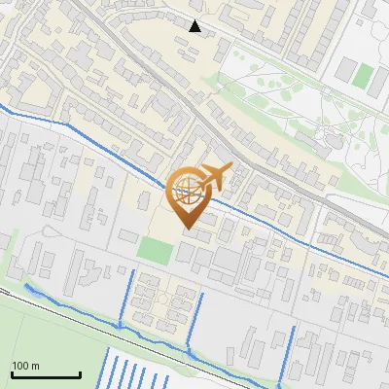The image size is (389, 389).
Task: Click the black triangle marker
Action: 195,26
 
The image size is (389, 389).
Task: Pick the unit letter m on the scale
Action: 35,366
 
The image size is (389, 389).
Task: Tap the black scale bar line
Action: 46,374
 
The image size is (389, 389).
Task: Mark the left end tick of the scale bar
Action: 12,372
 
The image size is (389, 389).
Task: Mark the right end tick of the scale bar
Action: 80,372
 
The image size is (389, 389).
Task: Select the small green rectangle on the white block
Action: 362,75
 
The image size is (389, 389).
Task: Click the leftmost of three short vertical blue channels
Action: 124,297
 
